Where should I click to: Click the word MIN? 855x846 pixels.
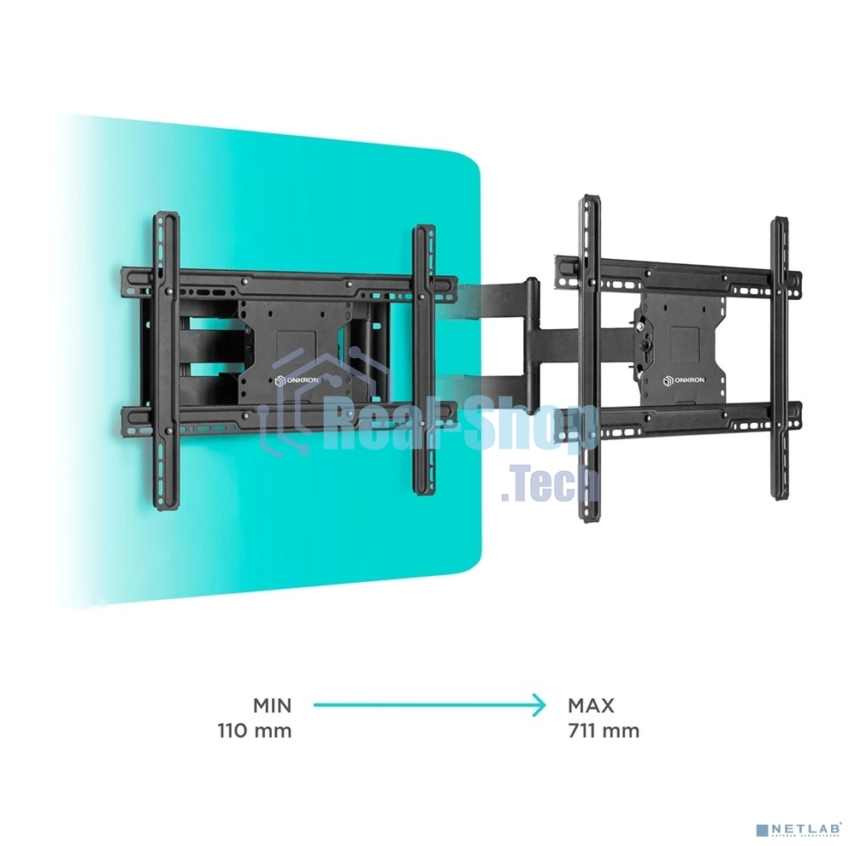pos(272,706)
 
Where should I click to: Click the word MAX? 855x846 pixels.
pos(591,706)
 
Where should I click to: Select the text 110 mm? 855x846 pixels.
pos(255,731)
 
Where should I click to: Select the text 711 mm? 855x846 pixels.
pos(604,731)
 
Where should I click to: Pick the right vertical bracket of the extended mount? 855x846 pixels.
pos(779,359)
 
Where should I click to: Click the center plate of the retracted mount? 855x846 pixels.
pos(291,342)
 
